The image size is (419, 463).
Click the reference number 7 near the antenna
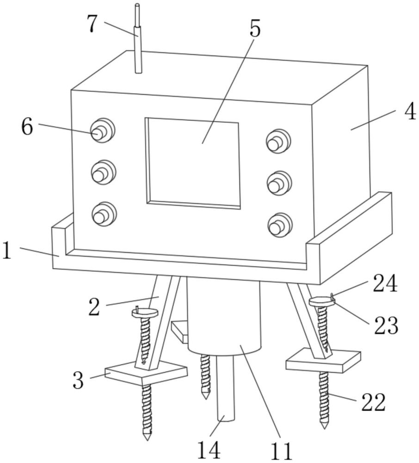pos(92,24)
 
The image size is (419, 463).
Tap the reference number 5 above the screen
pos(255,29)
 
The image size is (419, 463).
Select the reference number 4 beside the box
pos(409,113)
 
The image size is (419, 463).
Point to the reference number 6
pos(27,126)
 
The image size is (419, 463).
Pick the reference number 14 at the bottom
pos(209,450)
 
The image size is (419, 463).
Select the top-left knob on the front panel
pos(102,131)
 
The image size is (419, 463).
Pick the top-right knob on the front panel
pos(278,141)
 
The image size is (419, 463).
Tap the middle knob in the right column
pos(279,183)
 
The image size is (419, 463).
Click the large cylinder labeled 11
pos(224,319)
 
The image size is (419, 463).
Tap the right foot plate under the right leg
pos(324,360)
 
